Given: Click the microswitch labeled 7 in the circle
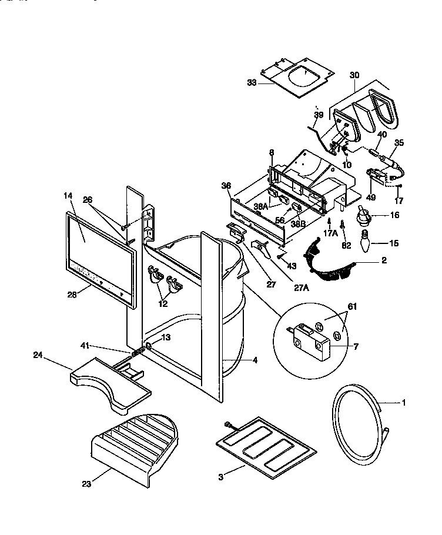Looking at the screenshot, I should pyautogui.click(x=311, y=341).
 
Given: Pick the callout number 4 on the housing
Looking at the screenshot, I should pyautogui.click(x=255, y=360).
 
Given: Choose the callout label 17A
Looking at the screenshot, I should pyautogui.click(x=330, y=233).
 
